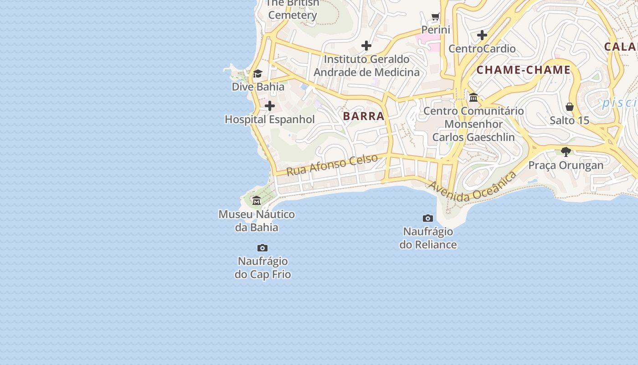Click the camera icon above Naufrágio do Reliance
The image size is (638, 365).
(427, 218)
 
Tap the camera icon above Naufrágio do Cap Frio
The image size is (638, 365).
(262, 248)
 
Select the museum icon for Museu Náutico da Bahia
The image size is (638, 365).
(257, 200)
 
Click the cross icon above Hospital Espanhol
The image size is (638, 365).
(270, 106)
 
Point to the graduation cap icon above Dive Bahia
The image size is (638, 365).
(257, 73)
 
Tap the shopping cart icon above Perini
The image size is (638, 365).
(435, 17)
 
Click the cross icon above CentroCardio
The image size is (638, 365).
(482, 35)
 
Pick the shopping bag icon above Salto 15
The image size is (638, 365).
(569, 107)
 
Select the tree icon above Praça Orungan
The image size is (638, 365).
(566, 151)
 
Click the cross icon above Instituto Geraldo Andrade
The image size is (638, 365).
(366, 46)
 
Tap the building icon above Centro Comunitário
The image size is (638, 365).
(473, 97)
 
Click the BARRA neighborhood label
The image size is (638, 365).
(364, 116)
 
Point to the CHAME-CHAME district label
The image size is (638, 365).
(523, 70)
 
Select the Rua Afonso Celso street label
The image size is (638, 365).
(332, 165)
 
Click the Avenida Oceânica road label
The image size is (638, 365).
(473, 187)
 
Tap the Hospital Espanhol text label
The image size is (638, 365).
(270, 120)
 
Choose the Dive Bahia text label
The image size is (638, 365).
(258, 87)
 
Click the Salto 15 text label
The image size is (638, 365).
(569, 120)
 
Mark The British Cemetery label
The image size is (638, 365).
(293, 9)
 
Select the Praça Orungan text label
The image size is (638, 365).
(566, 165)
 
